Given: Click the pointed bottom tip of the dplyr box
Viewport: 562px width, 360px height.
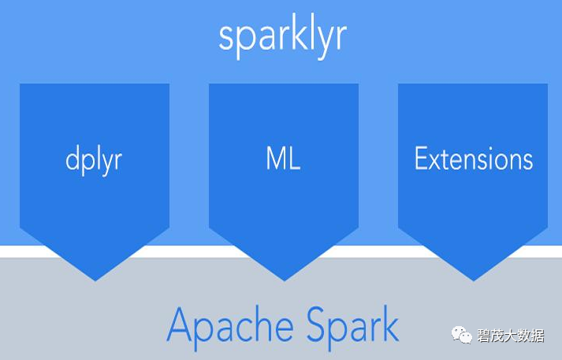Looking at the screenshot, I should pos(95,279).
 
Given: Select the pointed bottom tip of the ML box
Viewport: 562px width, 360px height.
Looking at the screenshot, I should pos(284,279).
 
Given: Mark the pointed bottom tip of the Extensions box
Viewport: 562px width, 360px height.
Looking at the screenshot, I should pos(473,279).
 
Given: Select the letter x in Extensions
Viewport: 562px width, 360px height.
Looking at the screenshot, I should pos(437,161).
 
